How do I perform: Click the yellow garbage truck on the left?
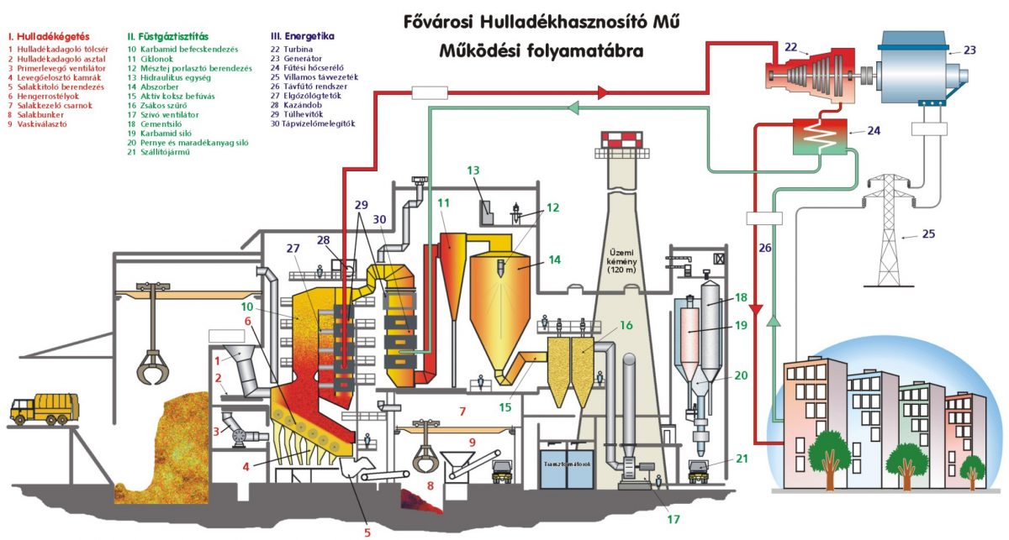pyautogui.click(x=39, y=409)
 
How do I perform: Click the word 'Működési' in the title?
pyautogui.click(x=478, y=50)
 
